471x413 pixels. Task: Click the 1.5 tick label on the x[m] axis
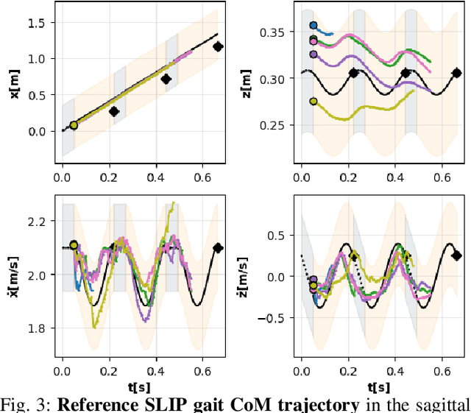click(x=36, y=23)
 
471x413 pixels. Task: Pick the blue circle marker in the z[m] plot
click(x=314, y=26)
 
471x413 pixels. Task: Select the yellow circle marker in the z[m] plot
click(x=314, y=102)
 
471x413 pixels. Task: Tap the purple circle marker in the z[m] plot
click(x=314, y=54)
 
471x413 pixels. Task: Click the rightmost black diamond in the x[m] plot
click(x=218, y=46)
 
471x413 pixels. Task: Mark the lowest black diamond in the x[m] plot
click(x=114, y=111)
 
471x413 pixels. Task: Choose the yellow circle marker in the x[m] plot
click(x=74, y=125)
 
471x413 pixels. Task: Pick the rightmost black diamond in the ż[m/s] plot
click(x=456, y=255)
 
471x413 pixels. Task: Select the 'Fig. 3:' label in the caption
click(x=26, y=403)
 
